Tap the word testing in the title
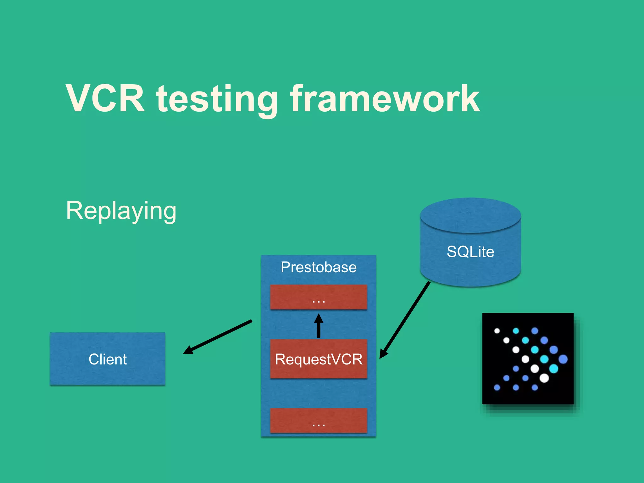tap(217, 100)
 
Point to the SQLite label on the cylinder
tap(470, 252)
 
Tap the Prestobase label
tap(319, 267)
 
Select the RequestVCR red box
tap(319, 359)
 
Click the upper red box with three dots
tap(319, 297)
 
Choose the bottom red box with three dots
tap(319, 420)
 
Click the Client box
tap(108, 359)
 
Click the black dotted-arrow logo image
tap(528, 358)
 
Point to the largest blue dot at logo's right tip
tap(563, 359)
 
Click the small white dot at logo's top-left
tap(497, 331)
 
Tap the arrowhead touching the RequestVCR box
tap(383, 354)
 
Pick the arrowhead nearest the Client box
tap(188, 351)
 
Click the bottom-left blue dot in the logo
tap(497, 387)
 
